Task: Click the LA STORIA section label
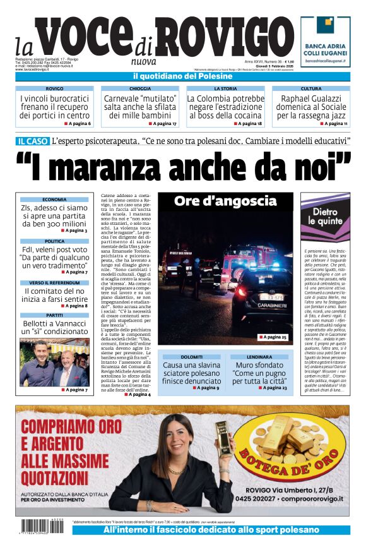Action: tap(225, 89)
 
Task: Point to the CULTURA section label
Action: tap(310, 89)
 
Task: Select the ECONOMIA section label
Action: tap(54, 200)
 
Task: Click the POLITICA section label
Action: tap(54, 241)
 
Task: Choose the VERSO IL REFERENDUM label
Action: tap(54, 283)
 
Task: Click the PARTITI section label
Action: tap(54, 314)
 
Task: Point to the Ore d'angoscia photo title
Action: tap(225, 201)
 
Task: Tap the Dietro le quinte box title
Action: tap(324, 217)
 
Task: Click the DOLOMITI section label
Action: tap(192, 357)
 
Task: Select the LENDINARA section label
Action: tap(259, 357)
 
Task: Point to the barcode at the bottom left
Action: tap(43, 527)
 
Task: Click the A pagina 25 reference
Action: tap(273, 338)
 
